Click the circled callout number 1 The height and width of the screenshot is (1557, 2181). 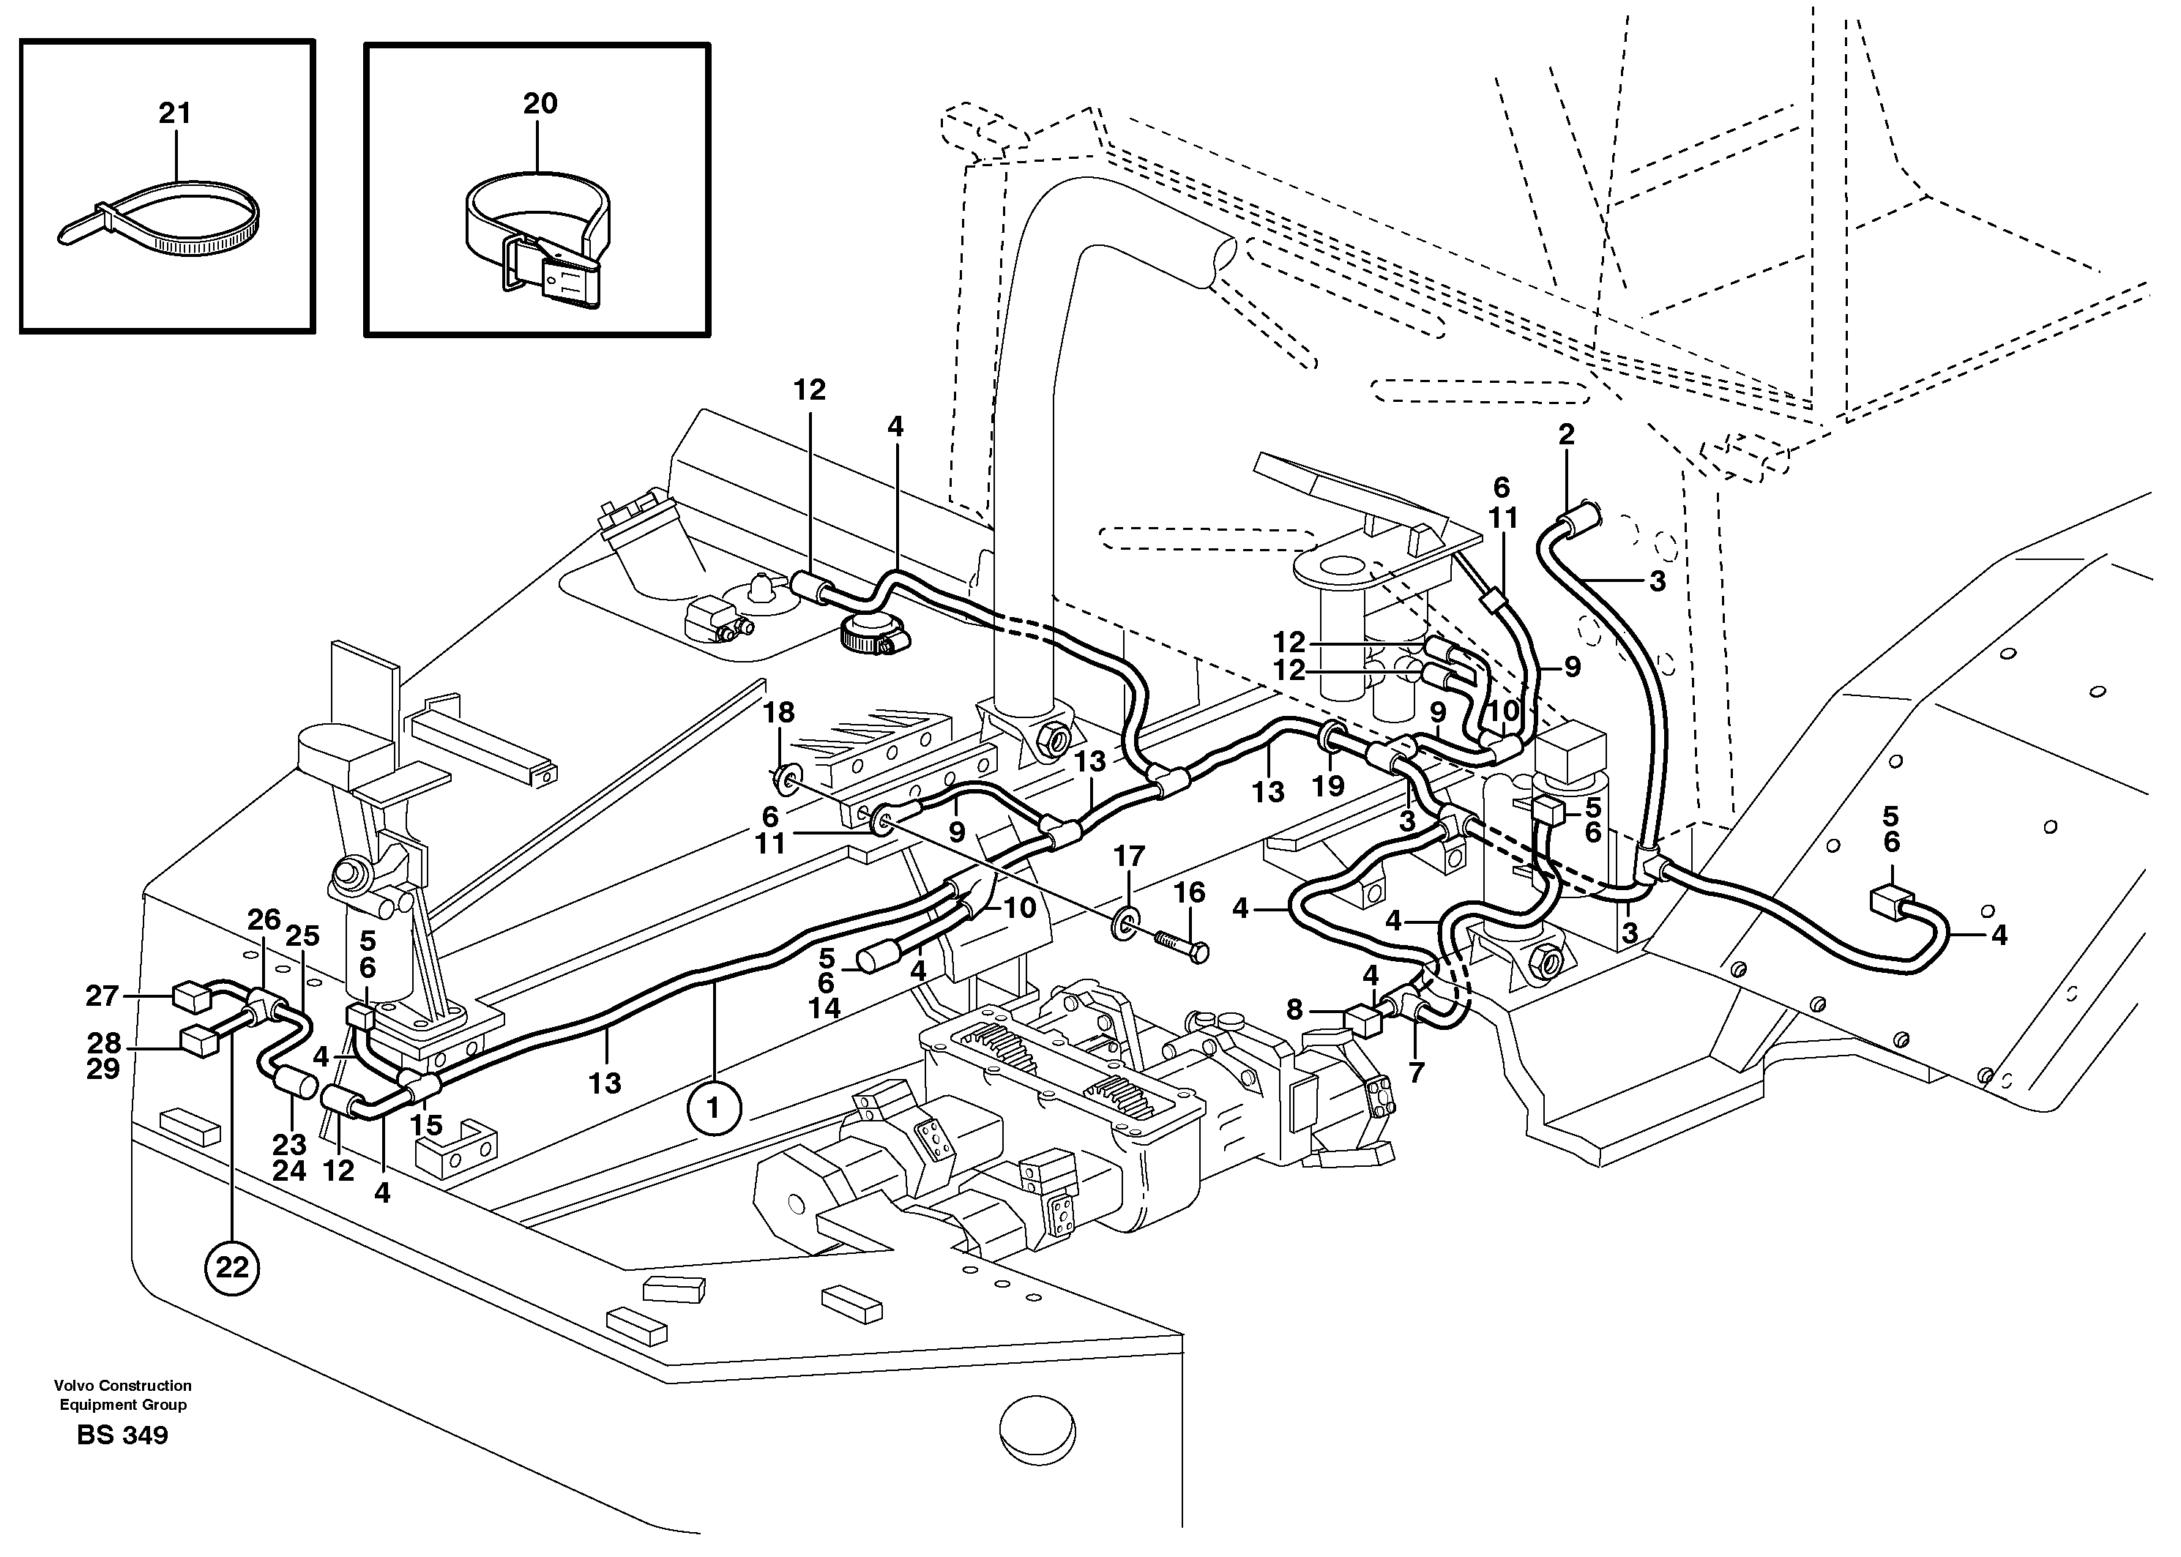click(x=712, y=1108)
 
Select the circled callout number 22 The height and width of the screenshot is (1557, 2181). click(x=232, y=1269)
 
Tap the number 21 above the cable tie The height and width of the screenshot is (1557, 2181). click(x=174, y=114)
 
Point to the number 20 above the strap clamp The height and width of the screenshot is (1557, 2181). click(x=540, y=103)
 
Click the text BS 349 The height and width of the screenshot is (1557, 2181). click(x=123, y=1435)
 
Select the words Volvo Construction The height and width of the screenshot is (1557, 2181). click(x=123, y=1386)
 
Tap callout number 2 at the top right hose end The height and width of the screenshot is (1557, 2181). click(x=1567, y=434)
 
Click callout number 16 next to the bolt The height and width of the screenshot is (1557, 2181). click(x=1189, y=892)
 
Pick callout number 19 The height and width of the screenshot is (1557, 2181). click(x=1328, y=786)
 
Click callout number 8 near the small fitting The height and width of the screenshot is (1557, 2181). click(x=1294, y=1009)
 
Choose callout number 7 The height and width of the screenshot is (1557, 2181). click(x=1416, y=1073)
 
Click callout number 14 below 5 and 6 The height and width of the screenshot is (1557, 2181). click(x=824, y=1008)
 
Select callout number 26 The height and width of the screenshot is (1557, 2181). click(x=264, y=919)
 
